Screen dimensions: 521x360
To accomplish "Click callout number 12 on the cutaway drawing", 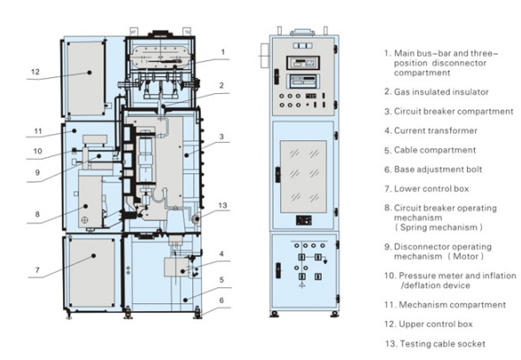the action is [35, 72].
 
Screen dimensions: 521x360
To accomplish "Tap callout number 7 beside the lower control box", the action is [37, 270].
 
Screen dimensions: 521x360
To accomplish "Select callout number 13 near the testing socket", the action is [222, 206].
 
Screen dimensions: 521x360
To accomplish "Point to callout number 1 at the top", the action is [223, 51].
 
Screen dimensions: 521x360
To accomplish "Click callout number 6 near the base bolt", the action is [222, 301].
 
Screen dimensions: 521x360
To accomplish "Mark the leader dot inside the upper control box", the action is [89, 73].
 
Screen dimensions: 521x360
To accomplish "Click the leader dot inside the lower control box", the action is [94, 255].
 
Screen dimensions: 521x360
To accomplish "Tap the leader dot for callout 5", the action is [185, 300].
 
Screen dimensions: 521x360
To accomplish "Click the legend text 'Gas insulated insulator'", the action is [441, 91].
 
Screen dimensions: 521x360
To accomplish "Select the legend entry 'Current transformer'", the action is [436, 130].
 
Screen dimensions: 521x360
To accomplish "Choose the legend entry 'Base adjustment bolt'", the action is [438, 169].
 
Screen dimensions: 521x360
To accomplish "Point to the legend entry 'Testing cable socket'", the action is [443, 344].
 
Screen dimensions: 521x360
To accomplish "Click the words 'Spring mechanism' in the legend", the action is [439, 227].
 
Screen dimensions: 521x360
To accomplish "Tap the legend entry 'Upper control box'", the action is [436, 325].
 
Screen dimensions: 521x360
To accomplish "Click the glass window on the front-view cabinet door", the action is [303, 176].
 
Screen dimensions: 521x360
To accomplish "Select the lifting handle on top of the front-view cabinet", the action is [302, 32].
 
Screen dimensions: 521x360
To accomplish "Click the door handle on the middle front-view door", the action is [277, 175].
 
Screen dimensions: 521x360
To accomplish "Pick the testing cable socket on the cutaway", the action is [195, 218].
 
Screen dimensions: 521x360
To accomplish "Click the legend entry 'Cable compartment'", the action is [435, 150].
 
